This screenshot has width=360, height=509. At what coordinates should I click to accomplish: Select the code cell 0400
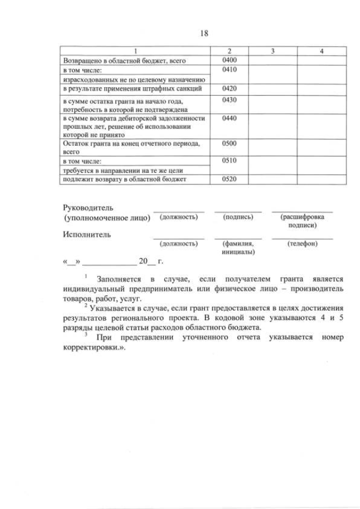pos(229,60)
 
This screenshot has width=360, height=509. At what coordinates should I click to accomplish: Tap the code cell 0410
pos(229,70)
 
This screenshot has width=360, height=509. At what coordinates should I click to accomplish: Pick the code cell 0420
pos(229,89)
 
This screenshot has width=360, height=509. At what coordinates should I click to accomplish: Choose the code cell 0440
pos(229,119)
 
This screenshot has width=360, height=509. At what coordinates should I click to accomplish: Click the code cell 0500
pos(229,143)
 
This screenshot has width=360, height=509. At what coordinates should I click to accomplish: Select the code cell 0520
pos(229,179)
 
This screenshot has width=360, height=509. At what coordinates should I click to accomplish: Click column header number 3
pos(272,51)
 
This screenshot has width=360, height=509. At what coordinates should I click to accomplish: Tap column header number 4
pos(321,51)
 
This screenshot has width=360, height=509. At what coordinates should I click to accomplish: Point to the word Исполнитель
pos(87,235)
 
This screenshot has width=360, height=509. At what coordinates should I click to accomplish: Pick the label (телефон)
pos(302,244)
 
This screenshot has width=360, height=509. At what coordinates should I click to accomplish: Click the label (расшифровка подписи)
pos(302,221)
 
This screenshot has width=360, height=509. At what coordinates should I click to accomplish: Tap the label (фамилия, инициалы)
pos(238,247)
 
